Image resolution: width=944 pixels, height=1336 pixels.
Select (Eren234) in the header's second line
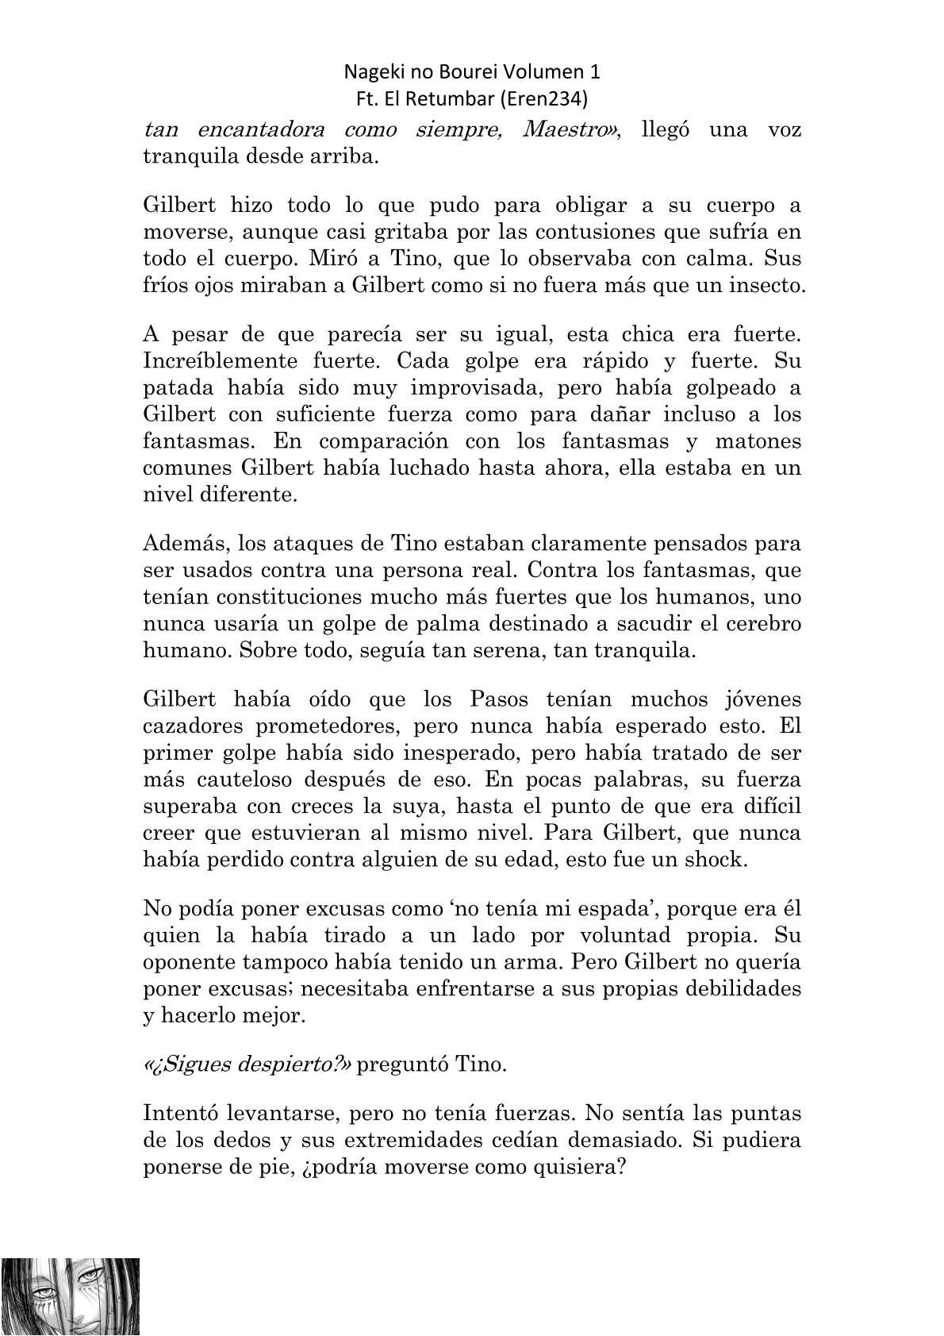click(x=547, y=99)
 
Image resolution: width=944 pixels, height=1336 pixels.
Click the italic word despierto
click(x=288, y=1065)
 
